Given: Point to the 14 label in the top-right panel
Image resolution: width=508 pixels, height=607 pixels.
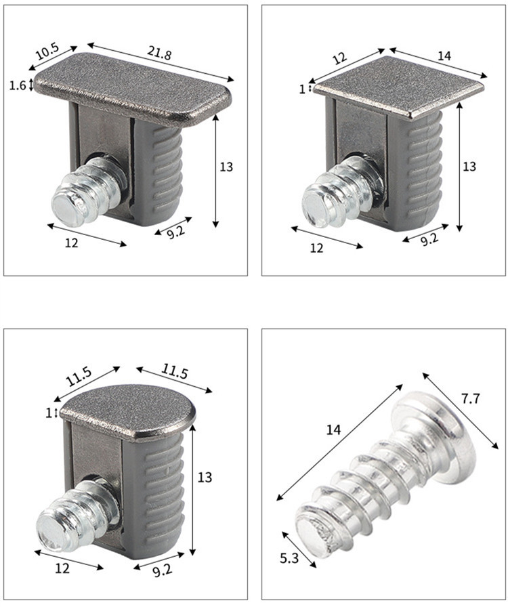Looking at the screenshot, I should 444,56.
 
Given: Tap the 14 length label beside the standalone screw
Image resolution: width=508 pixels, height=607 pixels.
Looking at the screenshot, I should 333,430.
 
